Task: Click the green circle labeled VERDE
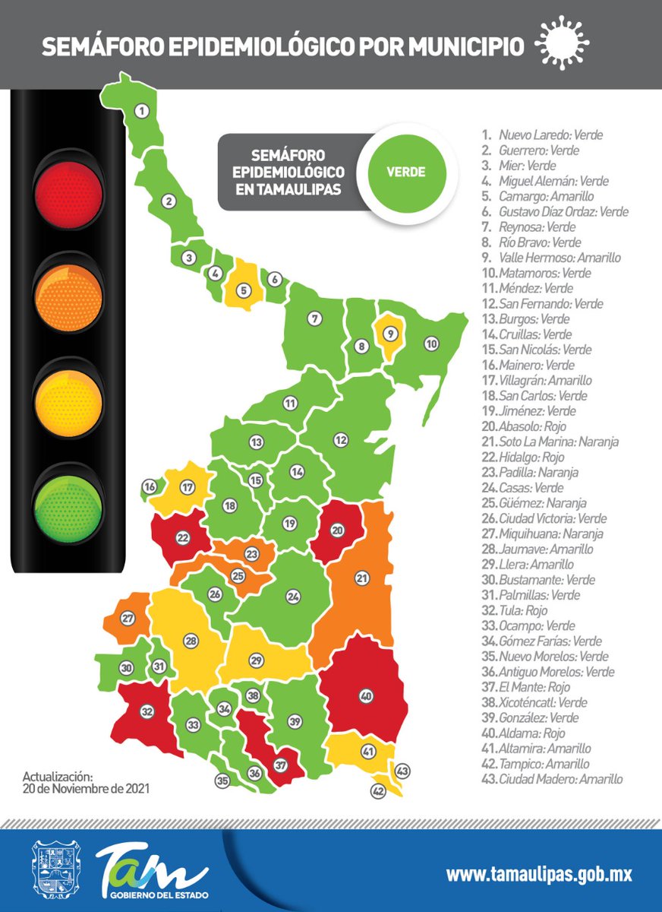tap(405, 172)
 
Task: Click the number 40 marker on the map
tap(366, 695)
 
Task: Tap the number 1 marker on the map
tap(142, 111)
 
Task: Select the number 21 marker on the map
tap(362, 579)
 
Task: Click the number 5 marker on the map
tap(244, 289)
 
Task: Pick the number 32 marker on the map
tap(147, 712)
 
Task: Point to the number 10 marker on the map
tap(431, 344)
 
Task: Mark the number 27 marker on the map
tap(128, 617)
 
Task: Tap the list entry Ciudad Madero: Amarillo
tap(550, 779)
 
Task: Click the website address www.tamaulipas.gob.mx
tap(538, 874)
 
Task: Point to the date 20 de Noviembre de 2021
tap(86, 789)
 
